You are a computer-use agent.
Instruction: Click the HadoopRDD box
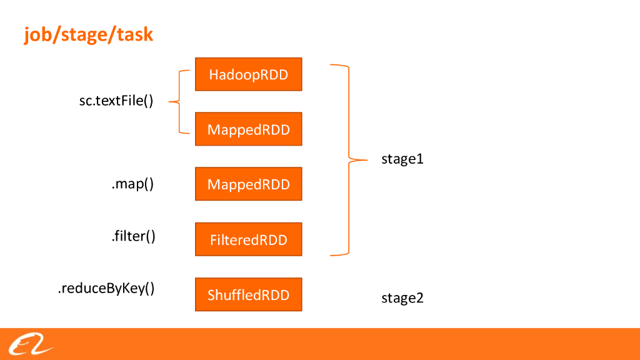248,74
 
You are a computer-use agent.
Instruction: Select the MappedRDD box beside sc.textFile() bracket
248,129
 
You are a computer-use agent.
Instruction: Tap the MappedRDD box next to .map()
248,184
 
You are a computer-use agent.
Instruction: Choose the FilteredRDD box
248,239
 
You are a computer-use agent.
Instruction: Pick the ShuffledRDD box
248,294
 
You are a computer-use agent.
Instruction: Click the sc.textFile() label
116,101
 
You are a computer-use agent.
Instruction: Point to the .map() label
132,184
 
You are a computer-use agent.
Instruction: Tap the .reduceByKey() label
106,289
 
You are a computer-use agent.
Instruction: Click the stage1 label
402,159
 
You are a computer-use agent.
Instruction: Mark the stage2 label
402,298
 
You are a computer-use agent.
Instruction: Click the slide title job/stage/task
88,34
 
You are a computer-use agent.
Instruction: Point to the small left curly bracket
180,102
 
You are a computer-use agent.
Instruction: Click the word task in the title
134,34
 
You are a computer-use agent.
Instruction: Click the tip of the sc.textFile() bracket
170,102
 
